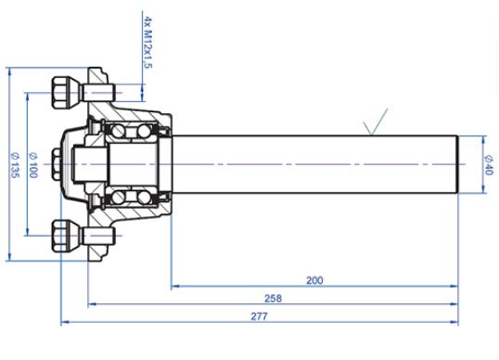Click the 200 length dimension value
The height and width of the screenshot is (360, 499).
(314, 280)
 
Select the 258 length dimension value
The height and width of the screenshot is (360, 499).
(273, 298)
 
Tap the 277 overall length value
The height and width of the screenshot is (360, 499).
(259, 316)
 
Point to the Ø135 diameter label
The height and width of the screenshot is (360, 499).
(15, 165)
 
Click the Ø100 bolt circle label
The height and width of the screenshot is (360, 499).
(33, 165)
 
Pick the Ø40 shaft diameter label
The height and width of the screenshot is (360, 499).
(489, 164)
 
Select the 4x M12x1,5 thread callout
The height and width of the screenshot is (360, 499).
(148, 43)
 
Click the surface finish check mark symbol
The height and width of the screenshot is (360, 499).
(376, 122)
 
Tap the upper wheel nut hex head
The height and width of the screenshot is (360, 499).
(60, 92)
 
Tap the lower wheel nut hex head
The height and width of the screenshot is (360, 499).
(60, 236)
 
